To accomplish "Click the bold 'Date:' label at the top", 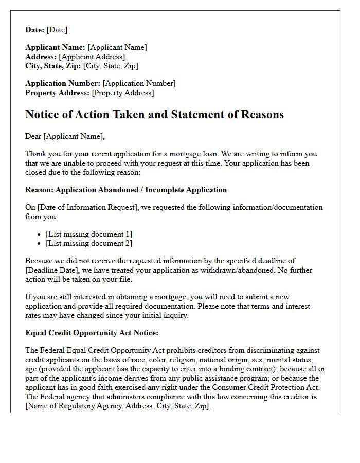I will [35, 30].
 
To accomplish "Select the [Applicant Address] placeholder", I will [92, 57].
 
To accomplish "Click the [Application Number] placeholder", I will [139, 83].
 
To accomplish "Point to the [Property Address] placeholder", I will [122, 93].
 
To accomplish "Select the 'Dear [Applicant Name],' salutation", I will [65, 136].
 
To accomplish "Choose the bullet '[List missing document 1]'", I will [89, 234].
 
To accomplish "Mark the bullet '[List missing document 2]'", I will [89, 243].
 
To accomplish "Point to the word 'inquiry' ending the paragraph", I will [175, 315].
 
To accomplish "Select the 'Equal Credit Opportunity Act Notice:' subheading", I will [92, 333].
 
